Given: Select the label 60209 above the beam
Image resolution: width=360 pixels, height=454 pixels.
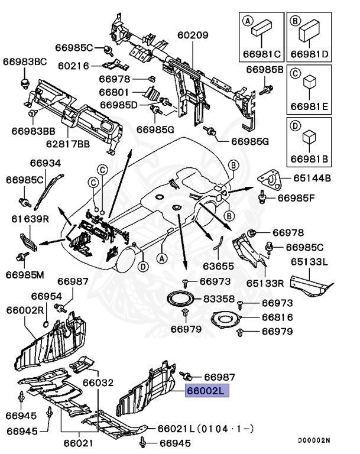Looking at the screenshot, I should (193, 35).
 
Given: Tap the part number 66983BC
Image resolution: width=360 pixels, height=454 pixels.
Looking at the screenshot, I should (25, 61).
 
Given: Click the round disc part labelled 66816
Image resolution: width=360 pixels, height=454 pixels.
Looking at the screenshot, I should (225, 319).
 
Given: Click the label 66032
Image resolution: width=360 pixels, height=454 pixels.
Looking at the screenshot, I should (97, 382).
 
